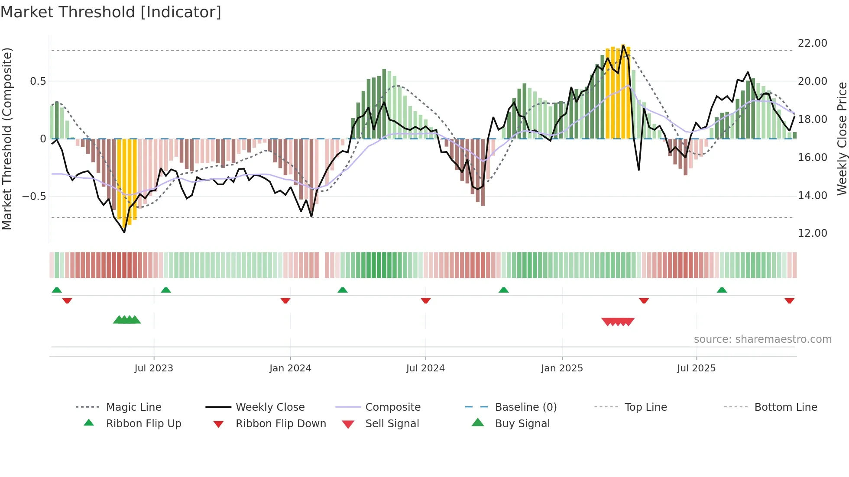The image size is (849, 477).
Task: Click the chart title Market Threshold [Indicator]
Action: click(111, 12)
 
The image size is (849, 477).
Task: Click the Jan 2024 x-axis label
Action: click(290, 368)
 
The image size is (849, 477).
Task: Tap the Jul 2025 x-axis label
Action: click(696, 368)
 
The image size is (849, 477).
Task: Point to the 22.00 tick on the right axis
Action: click(812, 43)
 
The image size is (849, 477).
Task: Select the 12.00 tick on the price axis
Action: click(812, 233)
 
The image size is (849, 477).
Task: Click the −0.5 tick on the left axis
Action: click(34, 197)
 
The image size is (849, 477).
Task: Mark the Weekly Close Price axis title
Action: click(842, 139)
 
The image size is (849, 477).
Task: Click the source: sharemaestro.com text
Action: click(762, 339)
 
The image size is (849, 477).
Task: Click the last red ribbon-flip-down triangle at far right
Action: click(789, 300)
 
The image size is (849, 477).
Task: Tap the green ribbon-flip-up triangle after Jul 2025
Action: click(722, 290)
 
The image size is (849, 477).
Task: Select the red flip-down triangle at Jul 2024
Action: click(425, 300)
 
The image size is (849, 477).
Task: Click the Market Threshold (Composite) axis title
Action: click(7, 139)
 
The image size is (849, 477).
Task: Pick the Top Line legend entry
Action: click(645, 407)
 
